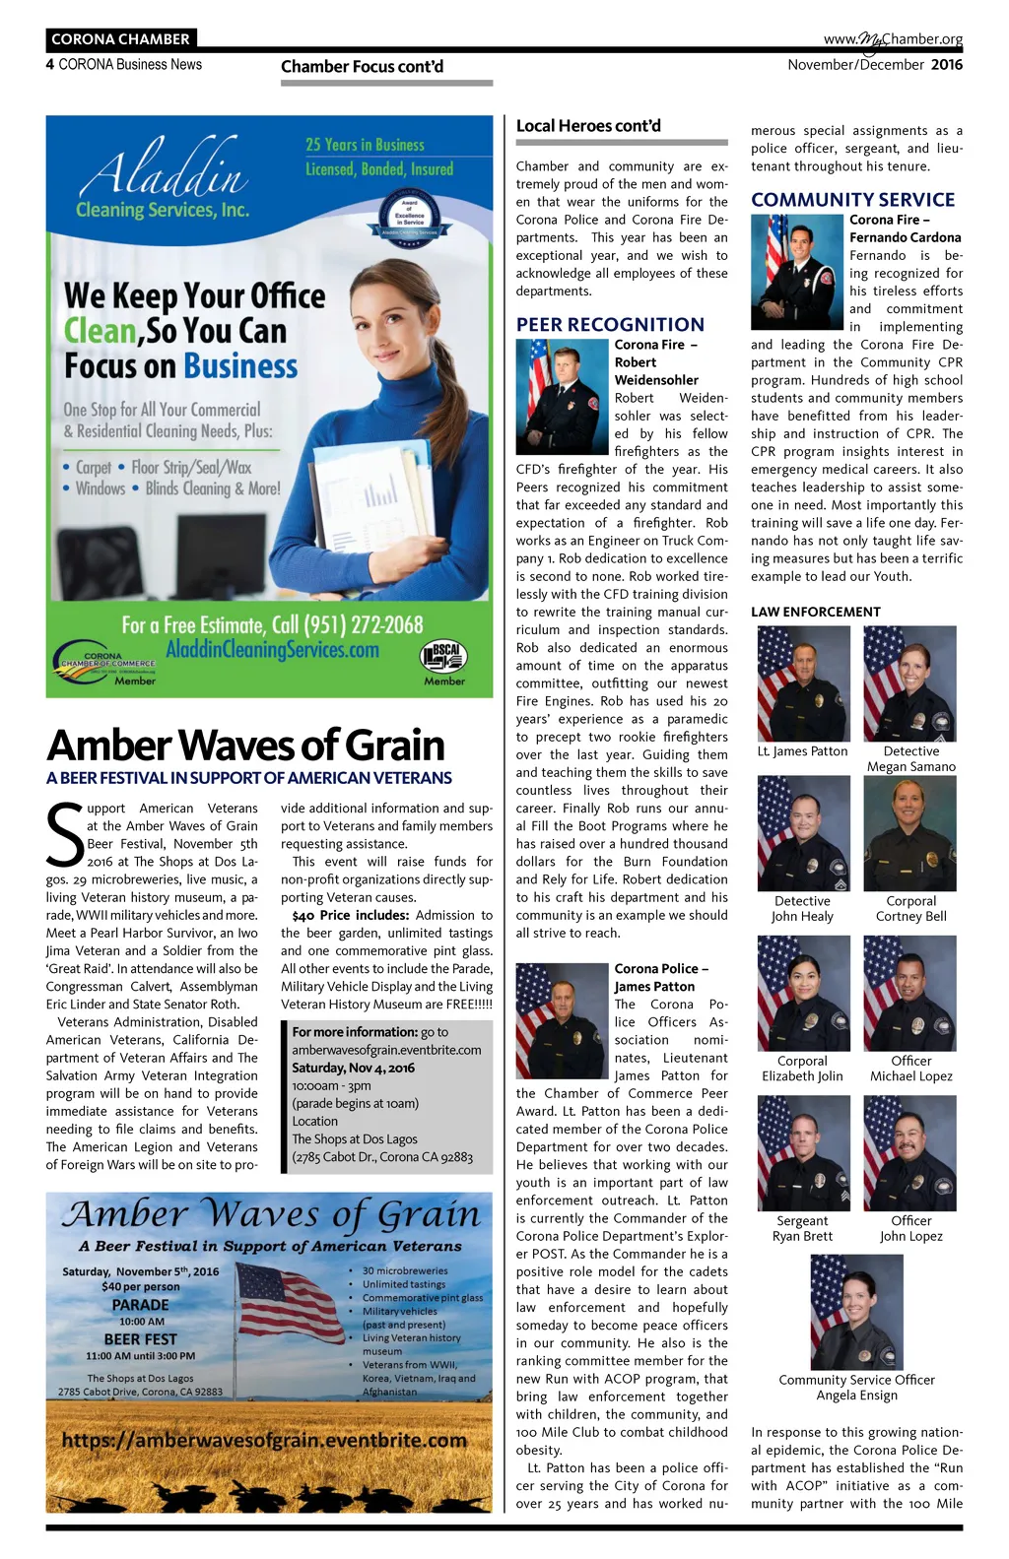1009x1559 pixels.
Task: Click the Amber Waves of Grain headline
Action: coord(245,746)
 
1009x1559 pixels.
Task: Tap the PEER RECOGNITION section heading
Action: coord(610,324)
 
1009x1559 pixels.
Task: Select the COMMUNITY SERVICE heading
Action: coord(852,199)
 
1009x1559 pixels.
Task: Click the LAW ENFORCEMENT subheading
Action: coord(815,612)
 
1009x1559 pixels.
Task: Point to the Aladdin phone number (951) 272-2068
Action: coord(272,624)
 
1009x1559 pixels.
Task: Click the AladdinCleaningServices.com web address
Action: coord(272,650)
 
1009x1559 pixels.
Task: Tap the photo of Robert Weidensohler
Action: coord(562,396)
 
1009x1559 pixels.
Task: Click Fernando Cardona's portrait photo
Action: coord(797,272)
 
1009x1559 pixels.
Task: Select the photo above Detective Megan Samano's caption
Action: coord(909,683)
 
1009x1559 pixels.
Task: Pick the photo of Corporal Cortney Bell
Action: coord(909,833)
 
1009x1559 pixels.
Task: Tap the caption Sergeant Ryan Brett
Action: coord(802,1228)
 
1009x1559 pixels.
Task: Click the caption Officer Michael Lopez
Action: coord(910,1069)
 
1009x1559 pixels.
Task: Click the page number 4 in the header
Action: coord(50,65)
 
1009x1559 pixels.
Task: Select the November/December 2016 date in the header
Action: coord(875,65)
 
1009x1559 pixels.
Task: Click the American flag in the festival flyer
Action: coord(291,1303)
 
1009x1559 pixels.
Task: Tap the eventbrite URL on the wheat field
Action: coord(264,1440)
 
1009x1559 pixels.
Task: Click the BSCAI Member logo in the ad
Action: coord(443,661)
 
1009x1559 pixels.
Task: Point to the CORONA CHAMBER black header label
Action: coord(120,39)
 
